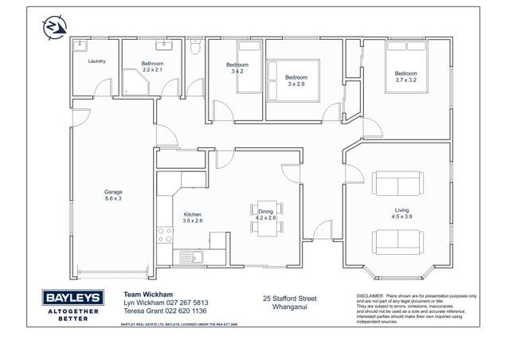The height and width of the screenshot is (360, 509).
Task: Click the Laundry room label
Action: point(97,61)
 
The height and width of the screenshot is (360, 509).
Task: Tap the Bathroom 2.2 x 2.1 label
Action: point(152,67)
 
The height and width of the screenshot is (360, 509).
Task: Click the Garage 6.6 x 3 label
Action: point(113,195)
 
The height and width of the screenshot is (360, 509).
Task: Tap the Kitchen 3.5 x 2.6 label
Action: point(193,217)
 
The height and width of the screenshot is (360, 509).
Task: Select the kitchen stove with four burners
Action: point(165,235)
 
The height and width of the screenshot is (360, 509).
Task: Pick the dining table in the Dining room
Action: point(265,217)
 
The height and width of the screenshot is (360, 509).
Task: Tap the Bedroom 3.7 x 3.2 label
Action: point(405,77)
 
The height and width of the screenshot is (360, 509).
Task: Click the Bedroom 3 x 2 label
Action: point(237,68)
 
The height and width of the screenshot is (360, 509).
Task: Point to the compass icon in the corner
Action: point(53,28)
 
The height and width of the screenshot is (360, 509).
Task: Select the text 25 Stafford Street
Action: point(289,299)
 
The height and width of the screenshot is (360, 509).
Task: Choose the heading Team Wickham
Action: point(147,294)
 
